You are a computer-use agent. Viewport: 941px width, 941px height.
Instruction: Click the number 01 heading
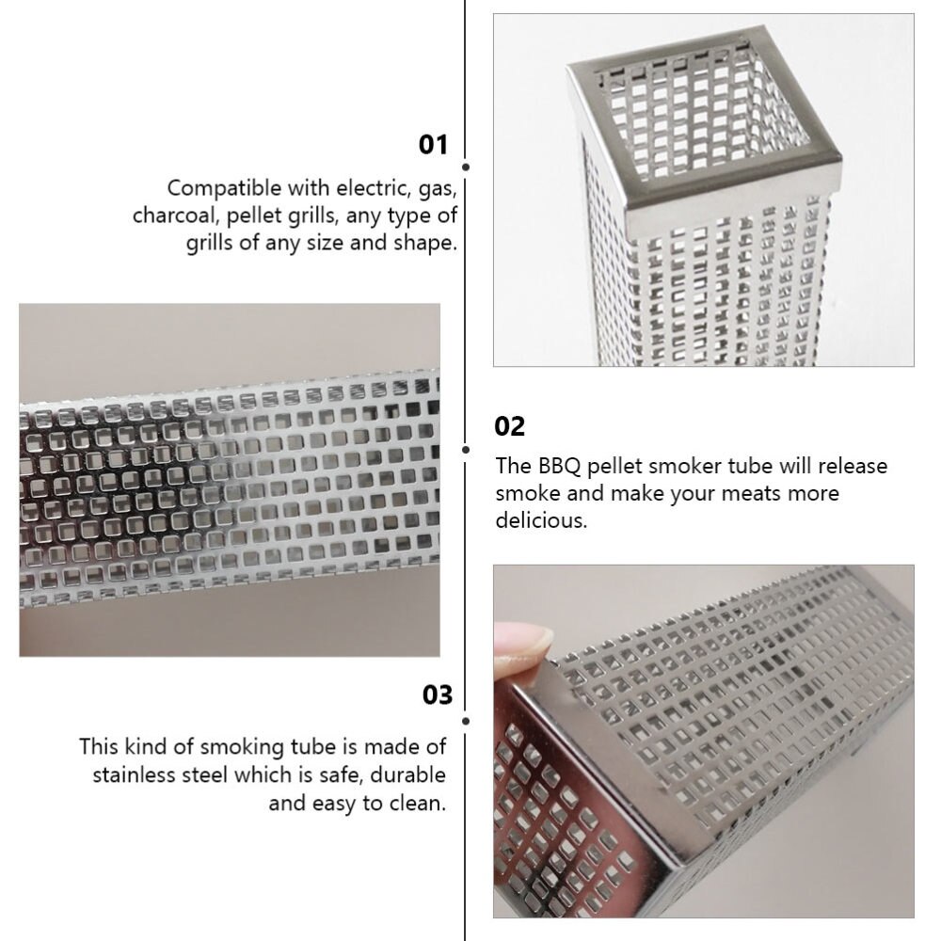click(x=434, y=145)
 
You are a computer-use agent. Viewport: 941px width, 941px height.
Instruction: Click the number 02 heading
click(x=510, y=426)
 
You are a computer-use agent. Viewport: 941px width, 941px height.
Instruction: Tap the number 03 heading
click(x=437, y=695)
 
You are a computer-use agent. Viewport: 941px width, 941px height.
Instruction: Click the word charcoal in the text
click(x=175, y=215)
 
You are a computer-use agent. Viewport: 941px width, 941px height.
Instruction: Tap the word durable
click(x=407, y=775)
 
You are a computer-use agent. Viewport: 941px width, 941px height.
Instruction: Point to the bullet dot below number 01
click(x=466, y=167)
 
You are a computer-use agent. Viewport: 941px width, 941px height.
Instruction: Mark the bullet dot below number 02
click(x=466, y=450)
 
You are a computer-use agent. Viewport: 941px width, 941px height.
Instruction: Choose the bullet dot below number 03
click(x=466, y=721)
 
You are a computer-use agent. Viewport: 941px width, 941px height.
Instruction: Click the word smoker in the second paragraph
click(x=692, y=466)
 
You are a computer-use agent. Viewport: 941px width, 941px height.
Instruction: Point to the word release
click(x=853, y=466)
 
